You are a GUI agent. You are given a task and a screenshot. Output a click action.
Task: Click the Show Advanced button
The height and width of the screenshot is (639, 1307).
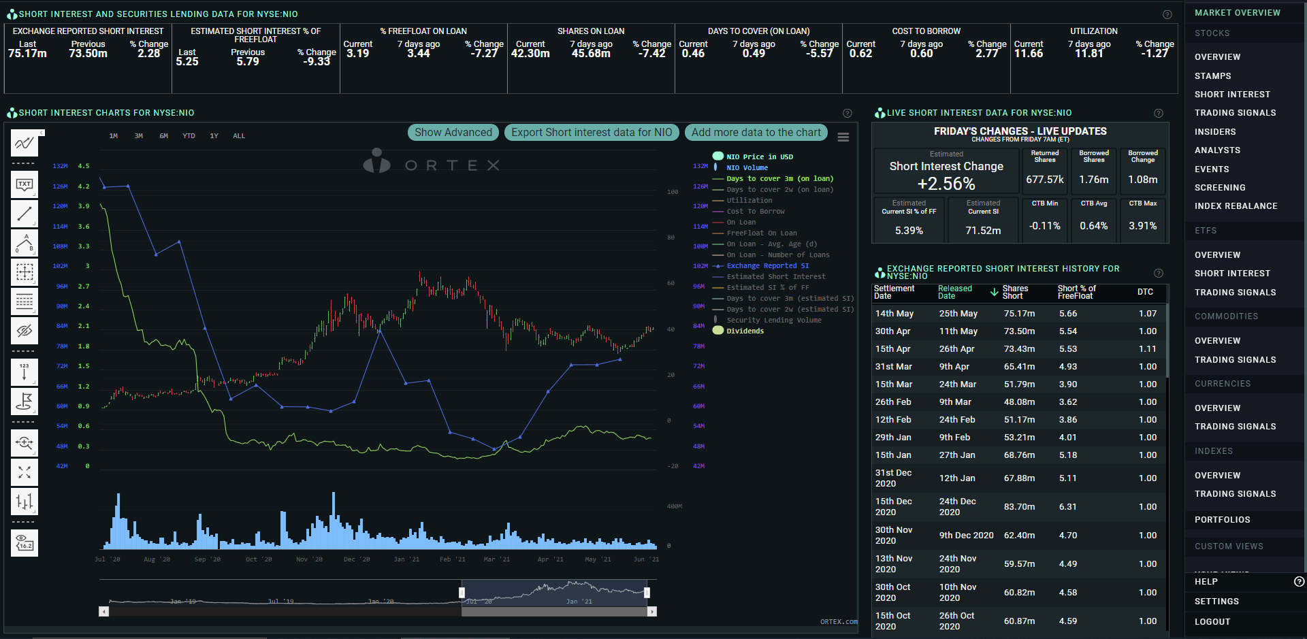pos(453,133)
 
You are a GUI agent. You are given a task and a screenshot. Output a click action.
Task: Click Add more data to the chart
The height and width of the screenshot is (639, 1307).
pos(756,133)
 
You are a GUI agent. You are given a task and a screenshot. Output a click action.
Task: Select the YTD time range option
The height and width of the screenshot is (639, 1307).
pos(189,136)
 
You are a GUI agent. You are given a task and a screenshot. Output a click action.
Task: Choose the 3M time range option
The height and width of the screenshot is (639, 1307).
pos(139,136)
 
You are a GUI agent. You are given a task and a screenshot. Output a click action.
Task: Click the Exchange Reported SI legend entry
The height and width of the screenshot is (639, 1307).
pos(767,266)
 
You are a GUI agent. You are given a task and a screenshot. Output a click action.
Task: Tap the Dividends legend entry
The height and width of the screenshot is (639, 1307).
pos(745,331)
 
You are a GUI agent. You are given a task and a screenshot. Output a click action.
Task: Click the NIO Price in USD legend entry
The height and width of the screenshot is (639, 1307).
pos(759,157)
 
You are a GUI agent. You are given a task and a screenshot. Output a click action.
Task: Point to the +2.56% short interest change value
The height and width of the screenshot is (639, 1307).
pos(946,184)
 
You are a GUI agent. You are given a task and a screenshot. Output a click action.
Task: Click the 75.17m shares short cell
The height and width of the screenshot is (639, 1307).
pos(1019,314)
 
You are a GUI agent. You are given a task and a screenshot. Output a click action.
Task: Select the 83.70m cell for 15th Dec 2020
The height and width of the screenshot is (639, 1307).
pos(1019,507)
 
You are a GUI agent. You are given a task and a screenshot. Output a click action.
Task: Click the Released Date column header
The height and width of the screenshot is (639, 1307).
pos(955,293)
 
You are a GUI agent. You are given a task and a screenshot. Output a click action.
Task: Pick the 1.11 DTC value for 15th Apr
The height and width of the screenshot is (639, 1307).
pos(1147,349)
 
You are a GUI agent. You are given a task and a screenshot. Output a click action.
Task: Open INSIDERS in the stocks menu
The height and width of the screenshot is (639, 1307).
pos(1215,132)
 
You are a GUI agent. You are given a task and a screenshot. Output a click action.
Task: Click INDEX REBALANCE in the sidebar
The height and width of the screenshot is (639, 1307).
pos(1236,206)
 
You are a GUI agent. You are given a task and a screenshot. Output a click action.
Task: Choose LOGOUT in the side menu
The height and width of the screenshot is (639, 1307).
pos(1212,622)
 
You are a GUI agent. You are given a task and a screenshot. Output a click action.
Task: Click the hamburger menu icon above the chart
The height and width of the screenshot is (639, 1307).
pos(843,137)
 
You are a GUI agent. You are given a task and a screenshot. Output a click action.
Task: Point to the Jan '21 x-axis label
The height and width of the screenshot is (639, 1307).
pos(406,559)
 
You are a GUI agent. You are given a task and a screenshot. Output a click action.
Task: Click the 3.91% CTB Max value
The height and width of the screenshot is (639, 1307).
pos(1142,226)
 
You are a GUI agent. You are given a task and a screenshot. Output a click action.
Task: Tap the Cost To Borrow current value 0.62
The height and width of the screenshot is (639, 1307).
pos(860,54)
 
